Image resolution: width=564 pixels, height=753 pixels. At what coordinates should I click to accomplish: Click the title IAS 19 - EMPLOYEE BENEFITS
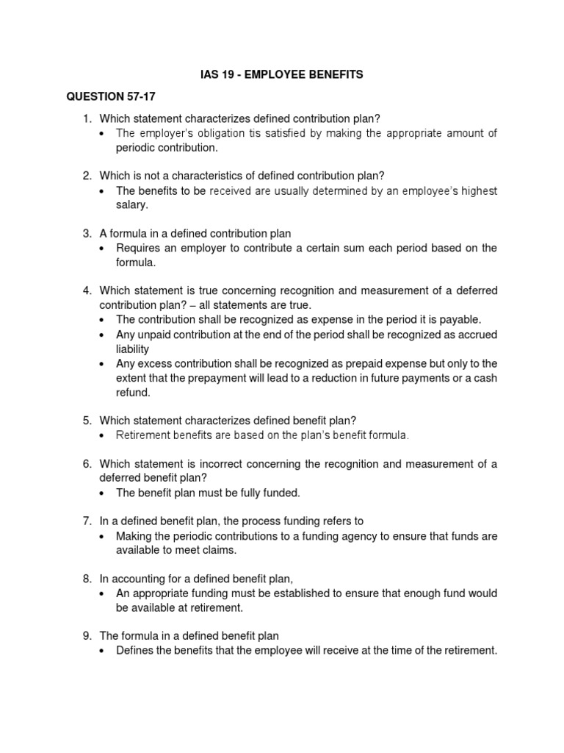click(281, 74)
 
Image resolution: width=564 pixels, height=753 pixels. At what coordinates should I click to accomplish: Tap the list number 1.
click(87, 118)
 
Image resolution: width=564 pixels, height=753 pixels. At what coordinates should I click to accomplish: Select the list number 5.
click(87, 421)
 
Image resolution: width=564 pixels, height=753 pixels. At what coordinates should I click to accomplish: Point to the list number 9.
click(87, 635)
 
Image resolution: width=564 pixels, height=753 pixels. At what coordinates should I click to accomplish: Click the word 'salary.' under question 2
click(132, 206)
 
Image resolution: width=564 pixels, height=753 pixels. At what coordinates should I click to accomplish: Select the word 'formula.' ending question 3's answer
click(135, 263)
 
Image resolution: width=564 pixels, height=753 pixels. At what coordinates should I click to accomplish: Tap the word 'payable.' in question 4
click(458, 321)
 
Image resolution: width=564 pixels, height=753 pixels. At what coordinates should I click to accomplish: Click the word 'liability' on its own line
click(133, 349)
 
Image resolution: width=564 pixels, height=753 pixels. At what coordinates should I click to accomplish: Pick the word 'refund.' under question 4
click(133, 393)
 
